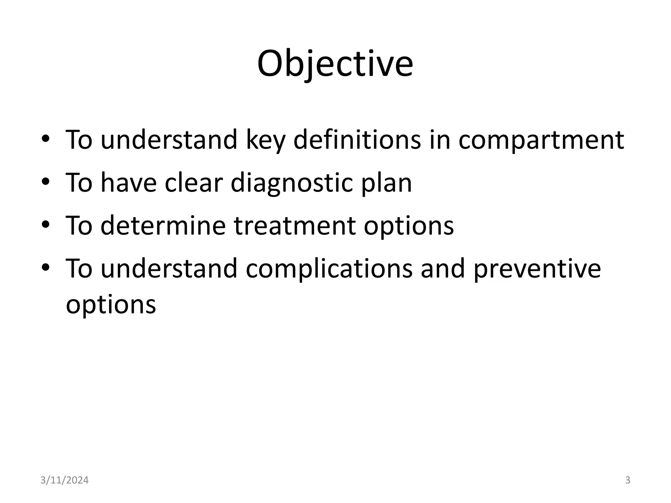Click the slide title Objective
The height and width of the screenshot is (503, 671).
coord(335,64)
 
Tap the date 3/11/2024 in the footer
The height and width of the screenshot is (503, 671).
coord(64,480)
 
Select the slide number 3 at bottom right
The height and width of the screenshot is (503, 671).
coord(627,480)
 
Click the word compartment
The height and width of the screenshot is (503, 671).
coord(541,140)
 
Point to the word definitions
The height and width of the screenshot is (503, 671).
coord(357,140)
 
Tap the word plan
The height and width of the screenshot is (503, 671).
coord(387,183)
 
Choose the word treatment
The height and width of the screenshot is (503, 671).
coord(295,226)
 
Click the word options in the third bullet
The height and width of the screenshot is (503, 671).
coord(409,226)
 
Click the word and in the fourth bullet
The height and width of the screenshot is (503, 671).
coord(443,269)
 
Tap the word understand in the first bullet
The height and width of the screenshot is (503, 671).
coord(168,140)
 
